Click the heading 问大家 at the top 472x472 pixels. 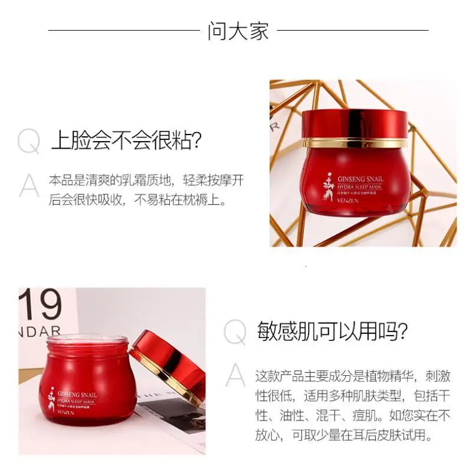[238, 31]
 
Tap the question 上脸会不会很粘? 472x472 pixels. [127, 142]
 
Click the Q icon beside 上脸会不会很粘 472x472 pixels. [29, 142]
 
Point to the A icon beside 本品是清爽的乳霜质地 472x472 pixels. [29, 185]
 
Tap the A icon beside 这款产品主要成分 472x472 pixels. [235, 375]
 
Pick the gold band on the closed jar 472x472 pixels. [355, 142]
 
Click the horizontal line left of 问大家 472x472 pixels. [123, 30]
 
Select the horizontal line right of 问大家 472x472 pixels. [352, 30]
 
